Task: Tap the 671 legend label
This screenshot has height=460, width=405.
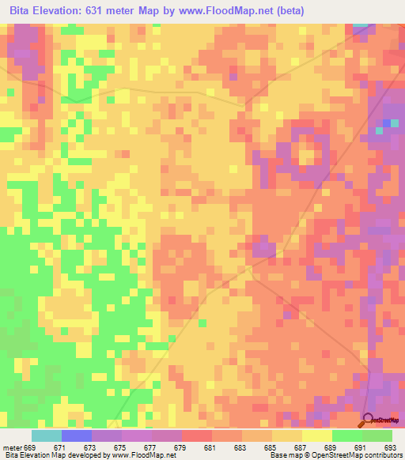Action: click(x=59, y=447)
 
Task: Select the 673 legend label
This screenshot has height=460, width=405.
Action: click(x=90, y=447)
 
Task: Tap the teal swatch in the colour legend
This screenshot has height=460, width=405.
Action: click(x=46, y=435)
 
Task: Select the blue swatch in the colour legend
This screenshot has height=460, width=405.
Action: click(x=76, y=435)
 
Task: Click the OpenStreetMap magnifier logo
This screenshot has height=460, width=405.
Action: click(x=369, y=419)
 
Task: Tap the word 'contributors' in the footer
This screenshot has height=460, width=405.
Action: click(x=383, y=455)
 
